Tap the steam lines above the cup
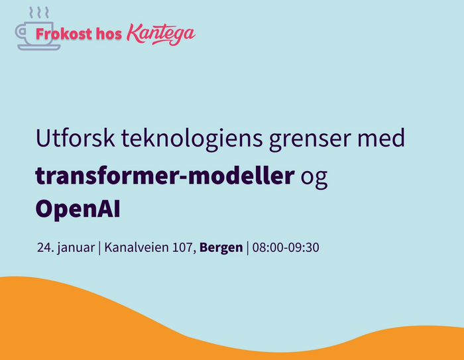[x=38, y=13]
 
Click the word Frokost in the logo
[x=64, y=34]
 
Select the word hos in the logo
[x=109, y=34]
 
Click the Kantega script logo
[x=161, y=34]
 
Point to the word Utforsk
[x=76, y=138]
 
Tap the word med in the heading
[x=381, y=138]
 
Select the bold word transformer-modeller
[x=165, y=175]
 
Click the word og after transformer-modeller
[x=314, y=178]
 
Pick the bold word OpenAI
[x=78, y=209]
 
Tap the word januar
[x=76, y=248]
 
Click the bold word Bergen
[x=221, y=248]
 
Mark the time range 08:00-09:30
[x=286, y=247]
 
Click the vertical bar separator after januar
[x=99, y=248]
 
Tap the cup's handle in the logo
[x=19, y=32]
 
